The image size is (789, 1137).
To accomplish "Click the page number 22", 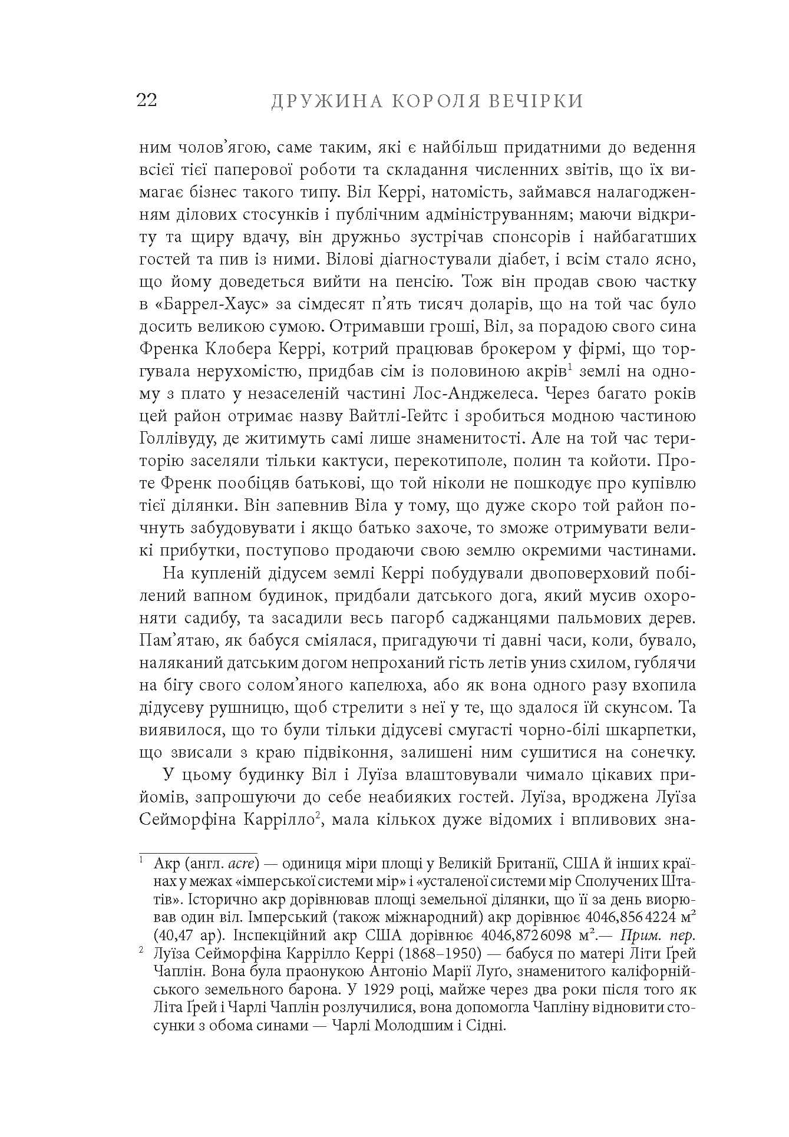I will click(x=147, y=101).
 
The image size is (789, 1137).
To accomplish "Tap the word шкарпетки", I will click(x=652, y=730).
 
